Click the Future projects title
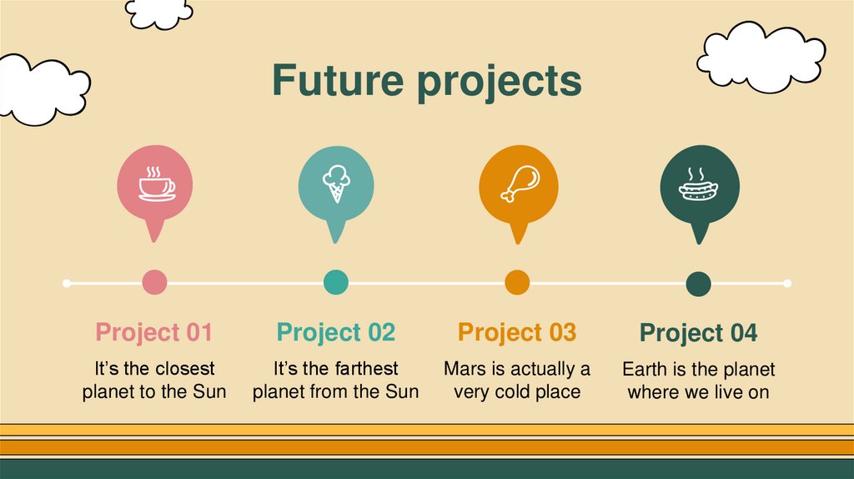pos(426,81)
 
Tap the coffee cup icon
pos(155,184)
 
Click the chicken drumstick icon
pos(518,184)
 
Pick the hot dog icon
pos(699,184)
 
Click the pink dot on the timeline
pos(154,283)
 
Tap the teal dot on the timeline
pos(335,283)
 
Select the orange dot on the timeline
pos(517,283)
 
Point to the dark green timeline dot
pos(698,284)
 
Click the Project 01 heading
pos(154,332)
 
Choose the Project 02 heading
pos(335,332)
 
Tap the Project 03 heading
pos(517,332)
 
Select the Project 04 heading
pos(698,333)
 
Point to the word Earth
pos(645,369)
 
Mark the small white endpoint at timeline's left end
pos(67,284)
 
